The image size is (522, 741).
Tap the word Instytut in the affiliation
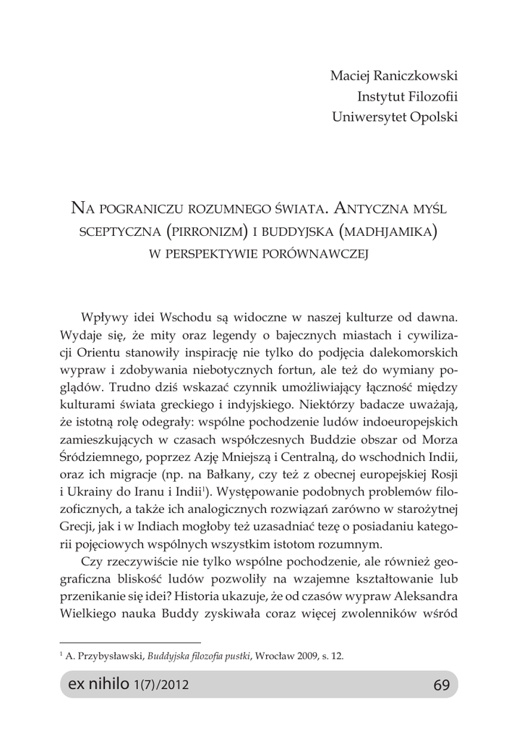tap(380, 96)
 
